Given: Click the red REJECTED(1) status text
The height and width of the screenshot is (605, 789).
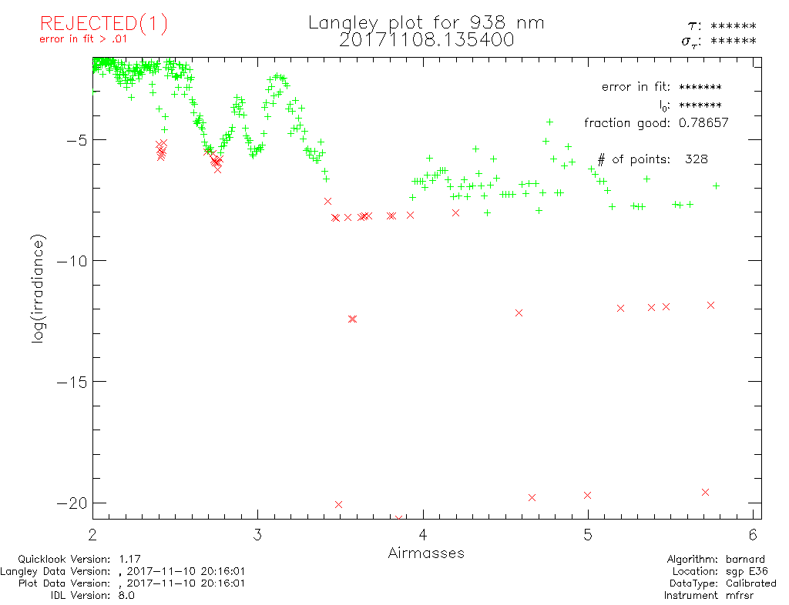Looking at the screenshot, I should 103,24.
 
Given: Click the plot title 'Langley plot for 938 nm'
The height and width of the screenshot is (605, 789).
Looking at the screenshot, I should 426,23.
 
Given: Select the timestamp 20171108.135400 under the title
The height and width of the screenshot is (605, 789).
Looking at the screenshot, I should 426,39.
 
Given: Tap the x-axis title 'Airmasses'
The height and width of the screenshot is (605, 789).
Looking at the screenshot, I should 426,553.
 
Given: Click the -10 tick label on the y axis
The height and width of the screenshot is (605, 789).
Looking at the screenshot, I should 71,261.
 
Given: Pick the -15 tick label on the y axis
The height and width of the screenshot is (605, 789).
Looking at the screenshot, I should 71,382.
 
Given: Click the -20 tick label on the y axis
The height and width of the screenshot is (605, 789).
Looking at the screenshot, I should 71,503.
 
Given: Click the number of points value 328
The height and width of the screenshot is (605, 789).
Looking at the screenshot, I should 696,159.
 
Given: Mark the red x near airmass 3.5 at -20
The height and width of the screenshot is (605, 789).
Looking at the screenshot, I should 338,504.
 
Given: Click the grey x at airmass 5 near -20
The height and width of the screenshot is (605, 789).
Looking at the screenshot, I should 588,495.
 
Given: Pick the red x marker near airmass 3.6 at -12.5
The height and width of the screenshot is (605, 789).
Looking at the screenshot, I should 352,319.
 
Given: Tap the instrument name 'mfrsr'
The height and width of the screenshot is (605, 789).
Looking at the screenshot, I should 747,595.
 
